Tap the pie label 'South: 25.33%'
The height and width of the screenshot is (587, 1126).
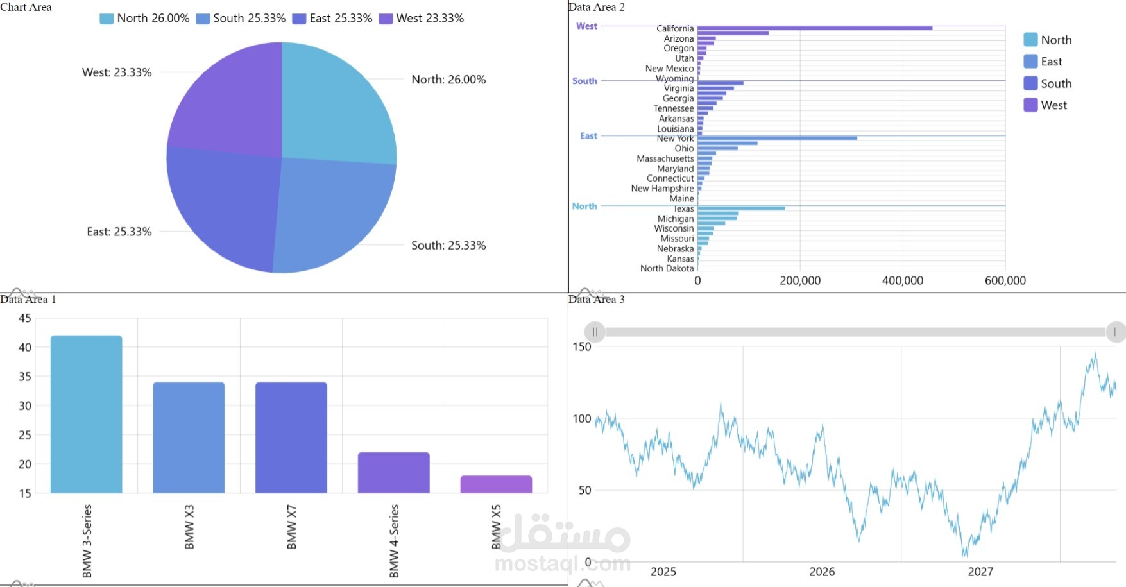448,245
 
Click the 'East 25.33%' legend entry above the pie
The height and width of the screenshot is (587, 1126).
332,19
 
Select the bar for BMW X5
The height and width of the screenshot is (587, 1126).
496,484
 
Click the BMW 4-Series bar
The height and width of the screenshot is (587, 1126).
393,473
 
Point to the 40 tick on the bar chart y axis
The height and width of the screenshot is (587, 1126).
25,347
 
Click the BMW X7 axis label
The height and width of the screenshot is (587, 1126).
292,527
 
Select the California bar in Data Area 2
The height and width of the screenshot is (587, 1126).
815,28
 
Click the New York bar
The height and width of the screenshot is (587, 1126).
777,138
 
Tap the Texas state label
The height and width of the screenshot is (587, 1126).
683,209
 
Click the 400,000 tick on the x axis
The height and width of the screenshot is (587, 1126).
902,280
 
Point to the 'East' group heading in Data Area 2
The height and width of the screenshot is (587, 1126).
588,136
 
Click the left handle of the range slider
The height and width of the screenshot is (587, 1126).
595,332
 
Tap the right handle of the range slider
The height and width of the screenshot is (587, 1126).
1116,332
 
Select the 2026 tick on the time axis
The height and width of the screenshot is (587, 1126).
822,572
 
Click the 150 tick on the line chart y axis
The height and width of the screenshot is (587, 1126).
581,346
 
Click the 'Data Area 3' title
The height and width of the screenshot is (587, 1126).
596,299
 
